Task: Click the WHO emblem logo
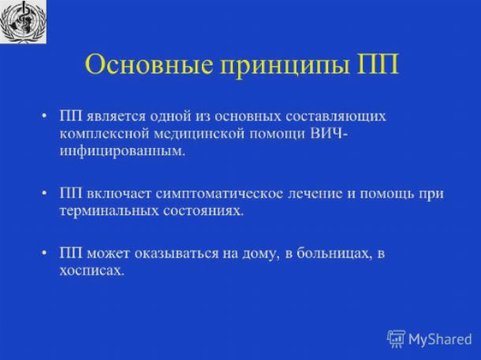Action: (23, 21)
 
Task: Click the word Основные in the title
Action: (148, 64)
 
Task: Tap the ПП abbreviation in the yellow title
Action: (378, 65)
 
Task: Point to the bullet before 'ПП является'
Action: (45, 117)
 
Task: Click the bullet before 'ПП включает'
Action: (45, 194)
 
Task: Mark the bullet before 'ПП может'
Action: (45, 254)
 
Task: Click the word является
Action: (115, 117)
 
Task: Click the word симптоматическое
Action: (219, 195)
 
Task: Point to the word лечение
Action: (315, 194)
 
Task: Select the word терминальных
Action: (109, 212)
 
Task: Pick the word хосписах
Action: (92, 271)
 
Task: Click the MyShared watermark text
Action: (440, 340)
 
